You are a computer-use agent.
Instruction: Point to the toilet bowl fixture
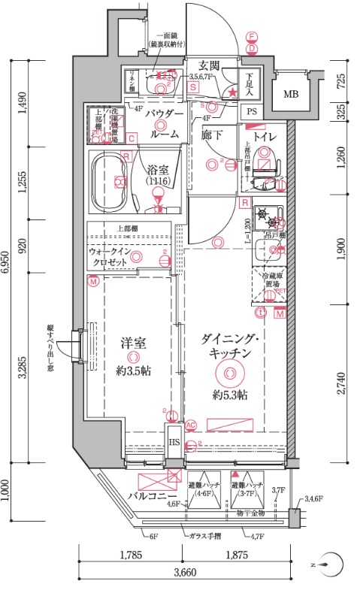265,162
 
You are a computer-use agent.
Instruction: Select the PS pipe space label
250,111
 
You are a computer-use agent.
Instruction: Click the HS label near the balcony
174,442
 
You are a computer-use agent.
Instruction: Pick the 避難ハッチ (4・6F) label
203,489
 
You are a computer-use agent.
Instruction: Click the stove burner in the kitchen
265,218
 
